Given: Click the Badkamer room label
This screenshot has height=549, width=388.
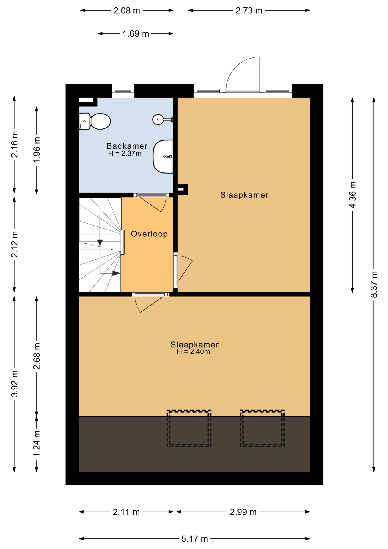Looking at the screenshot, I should tap(127, 146).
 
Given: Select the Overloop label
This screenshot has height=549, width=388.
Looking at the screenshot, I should tap(149, 234).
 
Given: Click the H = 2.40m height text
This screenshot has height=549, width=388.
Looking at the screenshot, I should tap(193, 352).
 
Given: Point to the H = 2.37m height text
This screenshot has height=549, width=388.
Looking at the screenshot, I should tap(125, 154).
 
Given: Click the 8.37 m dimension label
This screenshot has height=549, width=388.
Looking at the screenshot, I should tap(374, 285).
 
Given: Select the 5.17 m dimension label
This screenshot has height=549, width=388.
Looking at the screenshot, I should tap(195, 539).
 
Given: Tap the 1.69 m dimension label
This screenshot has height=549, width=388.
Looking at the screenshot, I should tap(136, 34).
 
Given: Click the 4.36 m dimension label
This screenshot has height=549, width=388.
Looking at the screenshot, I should tap(353, 195).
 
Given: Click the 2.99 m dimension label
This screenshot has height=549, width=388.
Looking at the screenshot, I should tap(243, 512).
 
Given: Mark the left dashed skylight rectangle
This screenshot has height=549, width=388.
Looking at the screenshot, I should tap(189, 428).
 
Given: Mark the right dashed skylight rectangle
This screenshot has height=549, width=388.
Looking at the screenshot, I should tap(262, 428).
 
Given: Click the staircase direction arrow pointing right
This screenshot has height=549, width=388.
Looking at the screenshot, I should tap(116, 273).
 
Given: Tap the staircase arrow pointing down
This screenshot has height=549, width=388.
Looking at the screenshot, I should tap(100, 242).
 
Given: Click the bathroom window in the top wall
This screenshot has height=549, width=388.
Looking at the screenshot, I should tap(123, 91).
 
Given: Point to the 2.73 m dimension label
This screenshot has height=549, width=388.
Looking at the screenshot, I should tap(249, 11).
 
